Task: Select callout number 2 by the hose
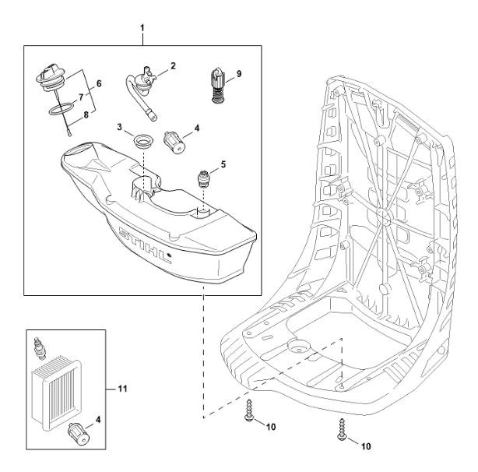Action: coord(173,66)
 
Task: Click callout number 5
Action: coord(225,164)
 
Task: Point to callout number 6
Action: coord(99,82)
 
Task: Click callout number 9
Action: coord(240,74)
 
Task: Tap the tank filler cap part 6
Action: coord(50,80)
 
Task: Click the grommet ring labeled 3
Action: coord(142,142)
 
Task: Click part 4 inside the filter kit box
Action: coord(78,429)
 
